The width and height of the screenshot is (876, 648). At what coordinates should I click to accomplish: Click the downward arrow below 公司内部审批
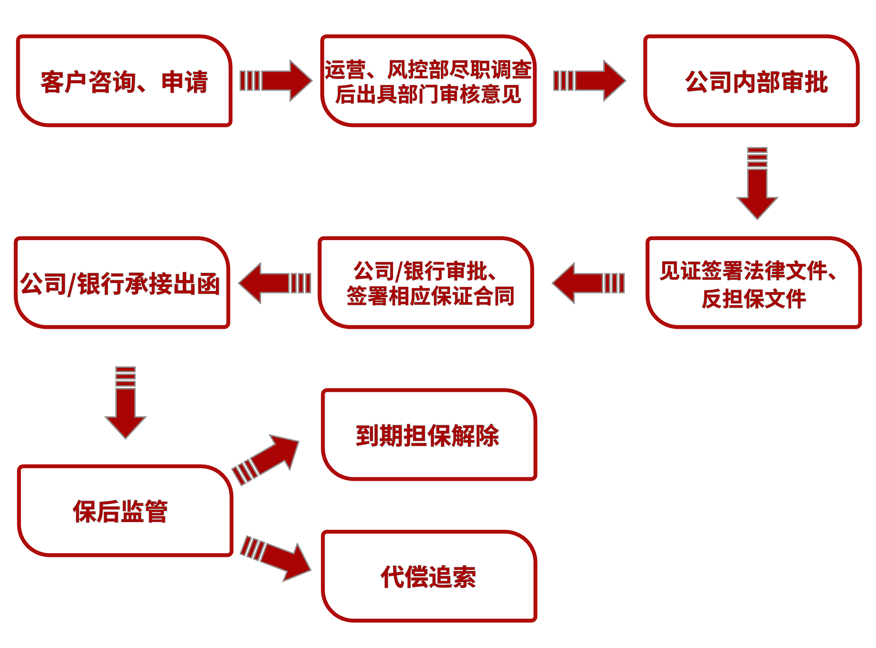coord(757,184)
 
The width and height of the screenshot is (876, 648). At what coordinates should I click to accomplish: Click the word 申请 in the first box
coord(185,82)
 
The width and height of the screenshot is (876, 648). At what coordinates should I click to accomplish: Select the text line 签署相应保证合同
coord(430,296)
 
